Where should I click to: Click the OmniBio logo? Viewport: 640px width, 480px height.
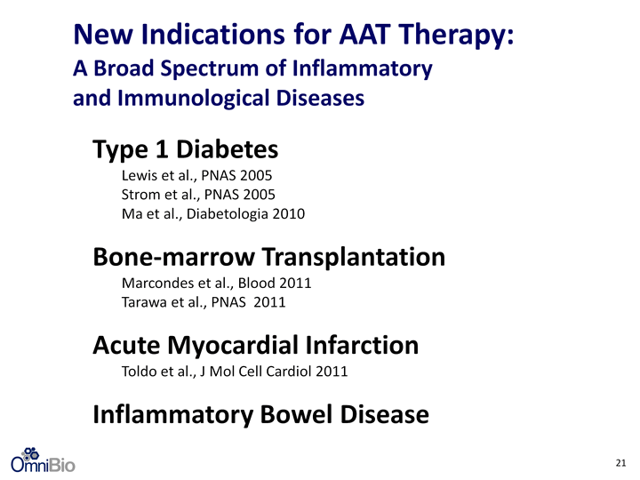(x=43, y=460)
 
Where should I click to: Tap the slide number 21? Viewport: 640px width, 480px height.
(x=620, y=463)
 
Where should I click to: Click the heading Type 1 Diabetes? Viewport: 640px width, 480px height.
(x=185, y=149)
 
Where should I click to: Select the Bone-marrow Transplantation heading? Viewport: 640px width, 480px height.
(x=269, y=257)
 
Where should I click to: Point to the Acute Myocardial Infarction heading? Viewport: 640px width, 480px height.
(x=256, y=345)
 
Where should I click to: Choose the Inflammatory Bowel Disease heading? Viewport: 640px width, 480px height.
(x=260, y=414)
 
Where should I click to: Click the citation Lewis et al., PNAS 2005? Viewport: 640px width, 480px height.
(x=196, y=175)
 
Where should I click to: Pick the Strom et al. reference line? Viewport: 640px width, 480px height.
(x=198, y=195)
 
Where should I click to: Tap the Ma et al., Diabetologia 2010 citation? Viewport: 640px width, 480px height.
(x=213, y=214)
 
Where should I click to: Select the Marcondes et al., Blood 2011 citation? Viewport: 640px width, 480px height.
(x=216, y=283)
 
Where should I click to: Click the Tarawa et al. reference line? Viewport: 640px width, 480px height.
(x=204, y=302)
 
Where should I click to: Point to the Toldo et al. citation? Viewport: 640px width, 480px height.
(x=235, y=372)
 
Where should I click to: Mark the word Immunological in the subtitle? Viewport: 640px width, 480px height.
(x=194, y=99)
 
